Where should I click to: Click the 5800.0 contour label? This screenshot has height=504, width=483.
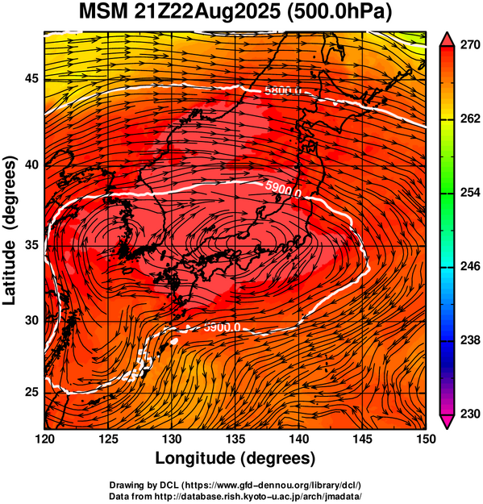click(x=283, y=91)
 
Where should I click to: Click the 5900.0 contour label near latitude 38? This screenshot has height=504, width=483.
click(x=284, y=190)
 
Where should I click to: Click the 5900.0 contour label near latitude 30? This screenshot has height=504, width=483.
click(x=222, y=327)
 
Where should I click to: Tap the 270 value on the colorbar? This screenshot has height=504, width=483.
click(x=470, y=45)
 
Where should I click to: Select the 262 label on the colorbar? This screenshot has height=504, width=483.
click(x=470, y=119)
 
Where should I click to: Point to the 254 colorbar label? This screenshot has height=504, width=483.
click(x=470, y=193)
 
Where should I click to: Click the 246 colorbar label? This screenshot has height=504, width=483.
click(x=470, y=266)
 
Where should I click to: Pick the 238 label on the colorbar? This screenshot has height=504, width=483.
click(x=470, y=339)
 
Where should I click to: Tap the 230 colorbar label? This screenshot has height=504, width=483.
click(x=470, y=414)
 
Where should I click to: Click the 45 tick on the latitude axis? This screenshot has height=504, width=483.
click(x=31, y=78)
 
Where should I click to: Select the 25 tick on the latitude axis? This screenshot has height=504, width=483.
click(x=31, y=393)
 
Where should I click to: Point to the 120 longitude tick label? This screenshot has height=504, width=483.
click(x=44, y=439)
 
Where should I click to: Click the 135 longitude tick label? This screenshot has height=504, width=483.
click(x=235, y=439)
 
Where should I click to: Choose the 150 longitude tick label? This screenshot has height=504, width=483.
click(x=426, y=439)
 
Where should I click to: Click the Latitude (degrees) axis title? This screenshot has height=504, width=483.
click(x=10, y=230)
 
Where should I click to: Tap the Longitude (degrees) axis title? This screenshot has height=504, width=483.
click(x=235, y=458)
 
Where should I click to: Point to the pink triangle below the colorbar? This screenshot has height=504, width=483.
click(x=447, y=422)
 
